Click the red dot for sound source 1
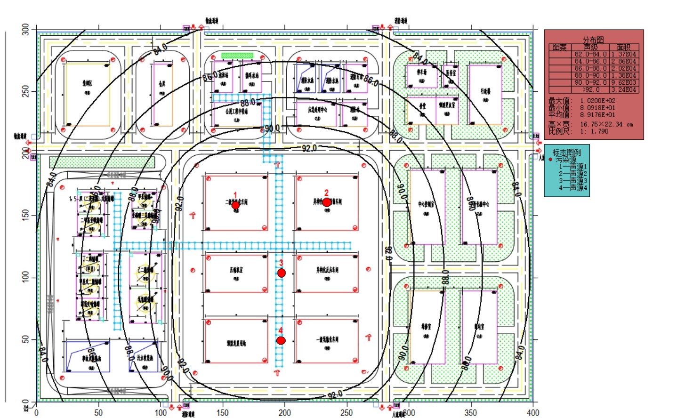pos(235,205)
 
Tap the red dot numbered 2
pos(327,202)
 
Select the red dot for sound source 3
pos(282,273)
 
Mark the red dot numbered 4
pos(281,340)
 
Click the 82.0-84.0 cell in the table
pos(590,54)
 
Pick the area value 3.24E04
pos(624,89)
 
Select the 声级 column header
pos(590,48)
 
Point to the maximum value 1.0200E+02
pos(597,101)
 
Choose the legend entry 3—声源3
pos(572,181)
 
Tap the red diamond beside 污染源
pos(550,160)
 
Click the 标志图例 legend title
pos(566,153)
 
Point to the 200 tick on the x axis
pos(284,412)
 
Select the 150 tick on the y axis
pos(25,215)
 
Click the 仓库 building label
pos(162,84)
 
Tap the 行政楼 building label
pos(485,91)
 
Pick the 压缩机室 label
pos(236,270)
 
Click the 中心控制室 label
pos(426,204)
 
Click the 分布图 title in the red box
pos(593,40)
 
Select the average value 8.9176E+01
pos(597,115)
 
